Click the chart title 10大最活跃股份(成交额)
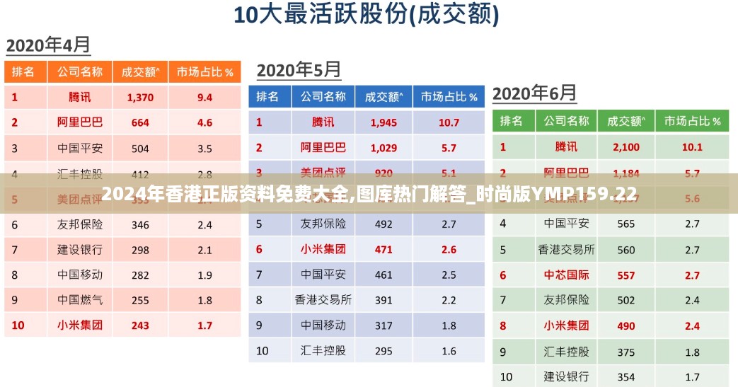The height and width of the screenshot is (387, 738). (367, 16)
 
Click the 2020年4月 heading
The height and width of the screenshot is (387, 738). (48, 45)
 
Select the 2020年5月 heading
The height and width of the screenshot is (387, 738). (299, 70)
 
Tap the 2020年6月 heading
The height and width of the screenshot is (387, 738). (534, 93)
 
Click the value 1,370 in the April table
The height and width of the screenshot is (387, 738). (140, 97)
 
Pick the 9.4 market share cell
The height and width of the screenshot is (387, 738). (204, 97)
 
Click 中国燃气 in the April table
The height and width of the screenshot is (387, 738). (80, 300)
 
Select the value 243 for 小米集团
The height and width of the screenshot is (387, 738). (140, 325)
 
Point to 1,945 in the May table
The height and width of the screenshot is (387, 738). (384, 122)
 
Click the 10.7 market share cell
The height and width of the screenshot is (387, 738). (449, 122)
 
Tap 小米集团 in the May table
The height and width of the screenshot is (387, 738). (323, 249)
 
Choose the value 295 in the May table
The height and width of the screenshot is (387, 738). (384, 351)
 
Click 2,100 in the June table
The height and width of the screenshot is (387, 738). (625, 147)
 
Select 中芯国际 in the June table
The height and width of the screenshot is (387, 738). (566, 275)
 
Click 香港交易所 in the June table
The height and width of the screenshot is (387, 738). (566, 249)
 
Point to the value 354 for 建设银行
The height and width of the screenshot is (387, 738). (625, 376)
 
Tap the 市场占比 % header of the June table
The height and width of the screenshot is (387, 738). (693, 121)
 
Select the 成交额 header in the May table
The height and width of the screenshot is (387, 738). (384, 96)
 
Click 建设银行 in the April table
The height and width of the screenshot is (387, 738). (80, 250)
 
